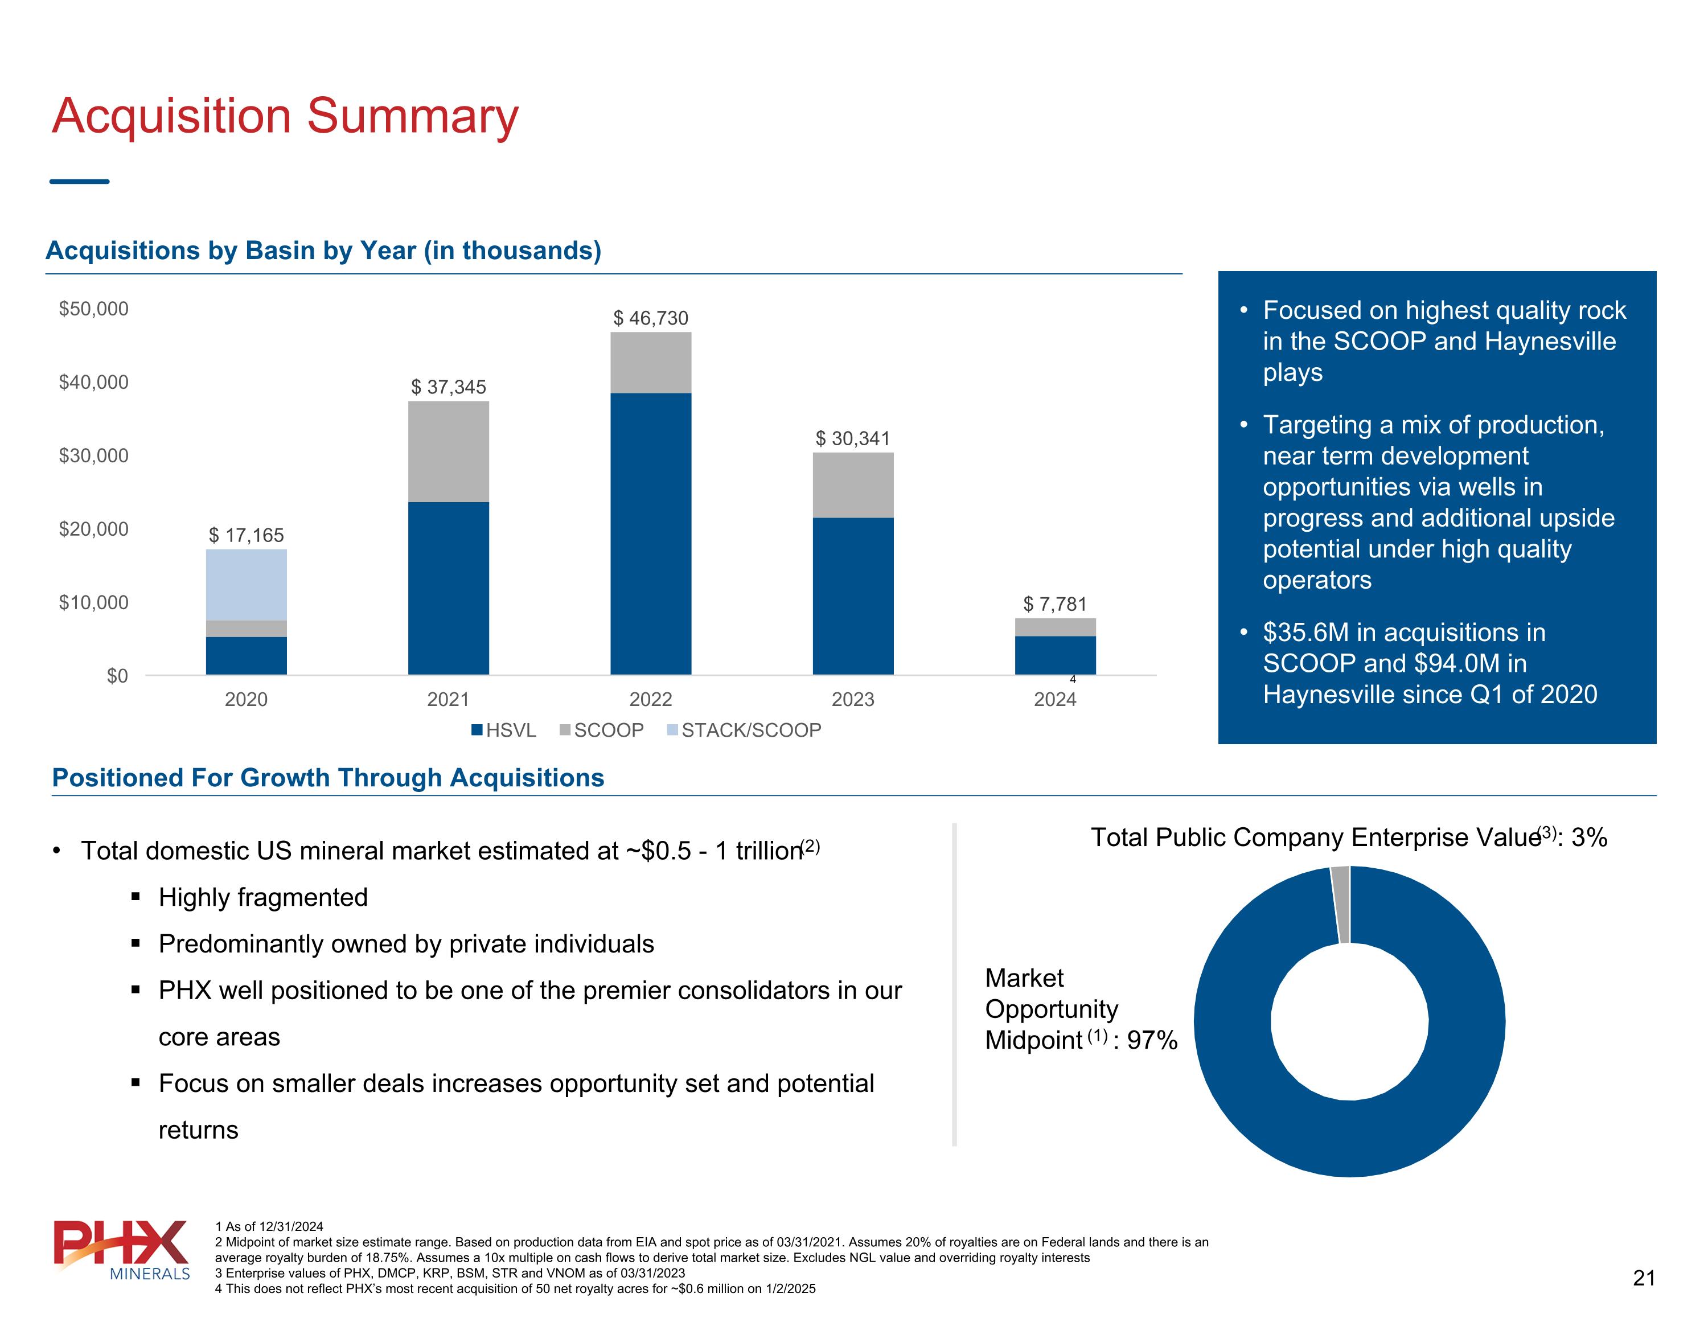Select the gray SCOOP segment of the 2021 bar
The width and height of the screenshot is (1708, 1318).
pos(448,451)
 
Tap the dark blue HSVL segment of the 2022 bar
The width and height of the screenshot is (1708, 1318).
pos(651,533)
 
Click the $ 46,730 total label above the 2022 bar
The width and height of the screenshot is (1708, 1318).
pos(651,318)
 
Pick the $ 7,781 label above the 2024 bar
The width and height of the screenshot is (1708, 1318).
pos(1055,604)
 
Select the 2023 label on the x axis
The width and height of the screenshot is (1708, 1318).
pos(852,699)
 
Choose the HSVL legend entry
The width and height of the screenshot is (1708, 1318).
pos(504,730)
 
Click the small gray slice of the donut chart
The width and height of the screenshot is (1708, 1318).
pos(1340,904)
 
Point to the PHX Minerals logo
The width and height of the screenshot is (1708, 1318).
pos(121,1249)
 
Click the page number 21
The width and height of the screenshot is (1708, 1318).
pos(1644,1278)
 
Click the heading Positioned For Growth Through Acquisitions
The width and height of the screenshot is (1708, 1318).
pos(328,778)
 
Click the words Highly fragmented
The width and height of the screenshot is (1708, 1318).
pos(263,897)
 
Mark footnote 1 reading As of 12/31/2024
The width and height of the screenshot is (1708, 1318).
pos(269,1226)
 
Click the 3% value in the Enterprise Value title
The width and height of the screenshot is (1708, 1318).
pos(1589,837)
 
